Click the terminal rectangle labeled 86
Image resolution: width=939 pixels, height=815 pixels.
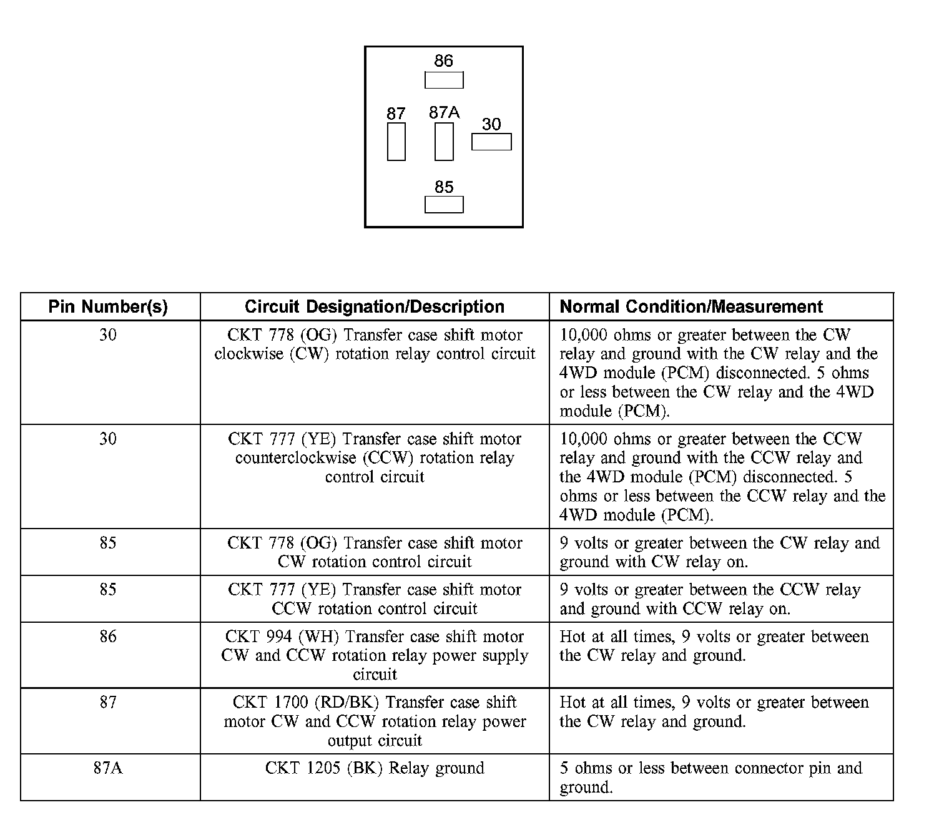click(x=444, y=81)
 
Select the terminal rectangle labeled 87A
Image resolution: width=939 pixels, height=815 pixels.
click(x=444, y=142)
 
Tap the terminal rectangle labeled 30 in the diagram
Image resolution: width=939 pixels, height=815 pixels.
click(x=491, y=142)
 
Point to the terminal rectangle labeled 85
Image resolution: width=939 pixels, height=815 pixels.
click(x=444, y=205)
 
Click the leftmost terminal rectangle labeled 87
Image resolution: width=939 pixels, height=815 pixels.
click(x=396, y=142)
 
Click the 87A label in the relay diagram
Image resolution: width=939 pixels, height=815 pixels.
click(x=444, y=112)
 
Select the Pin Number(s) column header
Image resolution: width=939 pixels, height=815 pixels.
click(x=108, y=307)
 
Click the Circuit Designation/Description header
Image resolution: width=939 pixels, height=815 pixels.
click(x=375, y=307)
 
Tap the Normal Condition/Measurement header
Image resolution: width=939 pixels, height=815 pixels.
click(x=691, y=307)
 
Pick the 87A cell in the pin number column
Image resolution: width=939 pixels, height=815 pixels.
click(x=108, y=768)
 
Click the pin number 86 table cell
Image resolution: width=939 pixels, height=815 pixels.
click(x=108, y=637)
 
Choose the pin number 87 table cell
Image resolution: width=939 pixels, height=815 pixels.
click(x=108, y=703)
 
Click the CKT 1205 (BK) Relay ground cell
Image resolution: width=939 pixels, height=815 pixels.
click(x=375, y=768)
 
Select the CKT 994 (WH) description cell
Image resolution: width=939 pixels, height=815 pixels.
click(x=375, y=655)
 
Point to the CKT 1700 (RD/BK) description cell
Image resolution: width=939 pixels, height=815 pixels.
click(x=375, y=721)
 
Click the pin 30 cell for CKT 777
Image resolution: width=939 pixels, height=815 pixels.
click(x=108, y=439)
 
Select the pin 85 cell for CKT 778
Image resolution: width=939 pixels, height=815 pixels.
click(x=108, y=543)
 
